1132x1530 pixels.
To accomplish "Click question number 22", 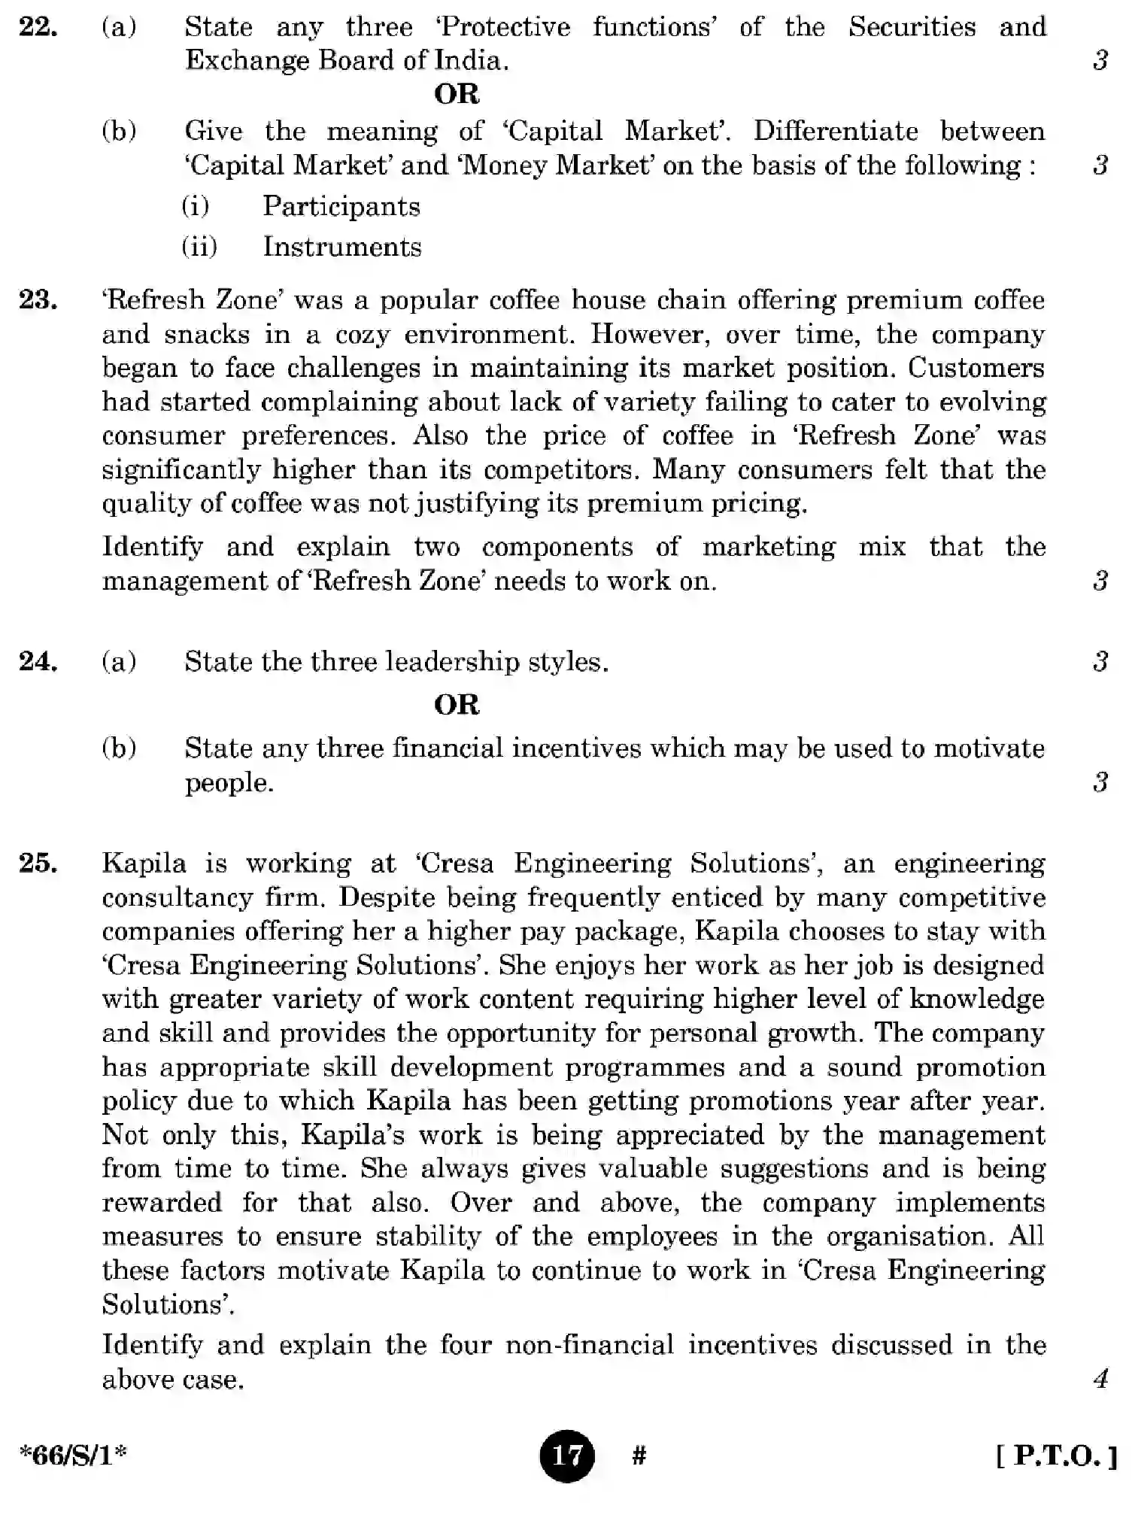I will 38,27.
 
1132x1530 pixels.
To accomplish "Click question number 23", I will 38,300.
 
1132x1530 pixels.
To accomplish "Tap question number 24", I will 38,661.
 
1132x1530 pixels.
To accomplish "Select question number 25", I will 38,863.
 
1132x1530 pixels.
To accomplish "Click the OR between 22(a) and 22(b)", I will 457,94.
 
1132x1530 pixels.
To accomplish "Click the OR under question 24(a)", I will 457,705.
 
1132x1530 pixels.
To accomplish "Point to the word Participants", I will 341,206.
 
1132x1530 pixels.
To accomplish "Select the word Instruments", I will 342,247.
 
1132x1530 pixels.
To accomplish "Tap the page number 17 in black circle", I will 566,1456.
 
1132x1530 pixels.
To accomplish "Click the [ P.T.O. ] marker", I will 1056,1456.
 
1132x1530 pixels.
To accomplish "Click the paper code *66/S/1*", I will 73,1456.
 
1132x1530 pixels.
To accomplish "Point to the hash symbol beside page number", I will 639,1456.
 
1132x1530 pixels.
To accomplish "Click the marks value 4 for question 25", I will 1100,1379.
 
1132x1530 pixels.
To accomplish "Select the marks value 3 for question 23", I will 1100,580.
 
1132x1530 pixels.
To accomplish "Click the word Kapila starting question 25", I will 144,863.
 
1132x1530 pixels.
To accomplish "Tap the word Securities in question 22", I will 912,27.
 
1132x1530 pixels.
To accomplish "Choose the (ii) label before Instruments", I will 199,247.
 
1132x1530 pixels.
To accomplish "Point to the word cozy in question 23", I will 362,334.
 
